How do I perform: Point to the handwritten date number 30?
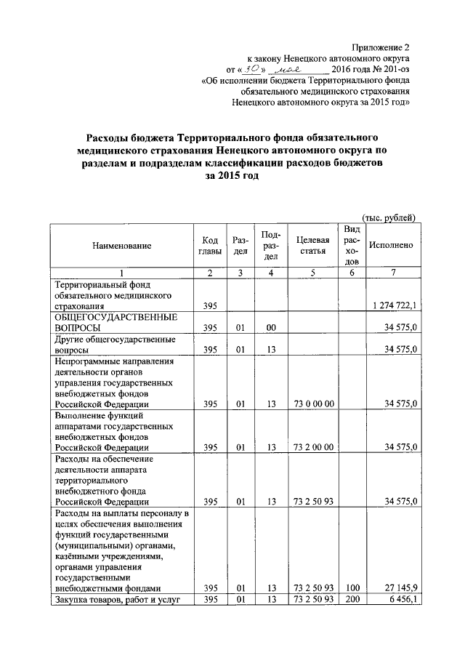tap(251, 68)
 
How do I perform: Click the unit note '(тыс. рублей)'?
tap(389, 216)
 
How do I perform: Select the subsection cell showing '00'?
tap(271, 329)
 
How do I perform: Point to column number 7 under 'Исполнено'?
tap(392, 273)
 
